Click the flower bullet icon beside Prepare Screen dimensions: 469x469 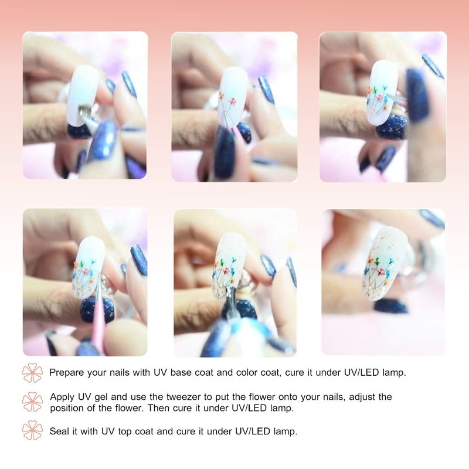click(x=32, y=373)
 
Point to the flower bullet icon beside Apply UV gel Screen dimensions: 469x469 click(x=32, y=402)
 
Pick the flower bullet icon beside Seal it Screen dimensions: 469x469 click(x=32, y=430)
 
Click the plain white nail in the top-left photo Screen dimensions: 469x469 click(x=81, y=94)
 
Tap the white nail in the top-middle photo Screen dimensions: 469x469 click(x=233, y=95)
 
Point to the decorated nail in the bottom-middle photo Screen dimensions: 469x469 click(x=229, y=266)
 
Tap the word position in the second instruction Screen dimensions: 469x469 click(x=66, y=409)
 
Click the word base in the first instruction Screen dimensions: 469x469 click(x=181, y=373)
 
